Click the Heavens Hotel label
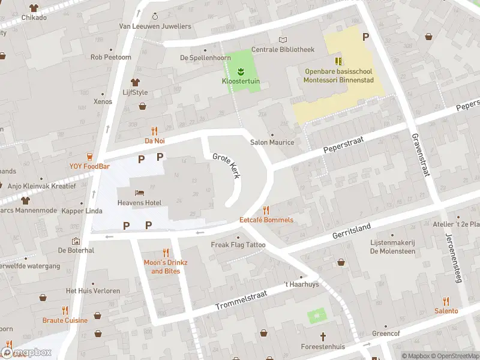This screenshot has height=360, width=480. [x=139, y=203]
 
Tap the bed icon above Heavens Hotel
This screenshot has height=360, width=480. [x=139, y=193]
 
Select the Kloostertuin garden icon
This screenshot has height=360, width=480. [x=241, y=72]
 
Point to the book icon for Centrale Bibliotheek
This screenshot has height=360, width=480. [x=283, y=40]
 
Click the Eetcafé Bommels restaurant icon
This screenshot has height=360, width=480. [x=266, y=210]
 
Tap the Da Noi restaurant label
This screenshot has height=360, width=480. [x=154, y=141]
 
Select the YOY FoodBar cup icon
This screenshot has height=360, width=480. [x=89, y=157]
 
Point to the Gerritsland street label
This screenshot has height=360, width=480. [x=352, y=230]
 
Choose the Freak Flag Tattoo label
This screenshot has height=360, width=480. [x=238, y=245]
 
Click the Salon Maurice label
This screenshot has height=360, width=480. [x=272, y=142]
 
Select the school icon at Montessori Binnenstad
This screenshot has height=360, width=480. [x=338, y=61]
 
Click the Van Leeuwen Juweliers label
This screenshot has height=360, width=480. [x=155, y=26]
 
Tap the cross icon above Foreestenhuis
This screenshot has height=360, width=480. [x=323, y=337]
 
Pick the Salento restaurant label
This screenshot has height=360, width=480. [x=446, y=311]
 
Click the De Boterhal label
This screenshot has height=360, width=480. [x=76, y=250]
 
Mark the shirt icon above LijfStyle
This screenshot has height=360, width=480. [x=135, y=82]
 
